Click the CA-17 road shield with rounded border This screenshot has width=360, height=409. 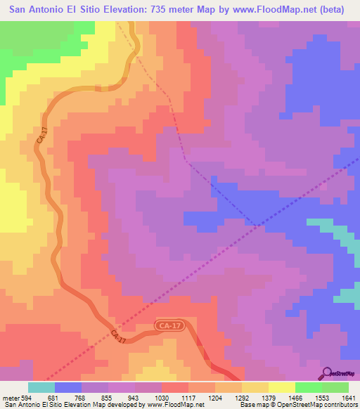[169, 326]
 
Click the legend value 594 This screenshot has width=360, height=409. [27, 397]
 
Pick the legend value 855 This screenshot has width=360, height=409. [108, 397]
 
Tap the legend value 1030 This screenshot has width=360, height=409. [161, 397]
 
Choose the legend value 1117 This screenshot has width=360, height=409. [188, 397]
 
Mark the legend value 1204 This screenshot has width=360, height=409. [214, 397]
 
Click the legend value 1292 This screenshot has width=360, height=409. [241, 397]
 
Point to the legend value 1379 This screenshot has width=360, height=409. [268, 397]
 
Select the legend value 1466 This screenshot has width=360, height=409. [295, 397]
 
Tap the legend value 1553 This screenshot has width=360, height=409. [321, 397]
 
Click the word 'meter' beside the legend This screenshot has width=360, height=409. [11, 397]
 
